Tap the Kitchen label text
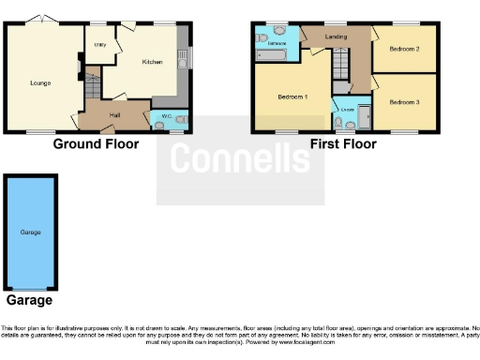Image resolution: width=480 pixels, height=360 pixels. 152,62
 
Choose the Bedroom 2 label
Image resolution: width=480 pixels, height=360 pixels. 404,49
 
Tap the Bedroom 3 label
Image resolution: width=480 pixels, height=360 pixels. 404,101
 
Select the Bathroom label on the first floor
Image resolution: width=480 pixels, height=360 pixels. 277,44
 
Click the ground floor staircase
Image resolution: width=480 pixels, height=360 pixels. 92,92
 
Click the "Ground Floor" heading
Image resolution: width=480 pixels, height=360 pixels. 96,144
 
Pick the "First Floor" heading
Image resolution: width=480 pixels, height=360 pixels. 343,144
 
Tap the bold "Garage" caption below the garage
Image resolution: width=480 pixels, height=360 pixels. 29,301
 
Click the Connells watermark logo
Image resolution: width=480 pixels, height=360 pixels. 240,160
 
